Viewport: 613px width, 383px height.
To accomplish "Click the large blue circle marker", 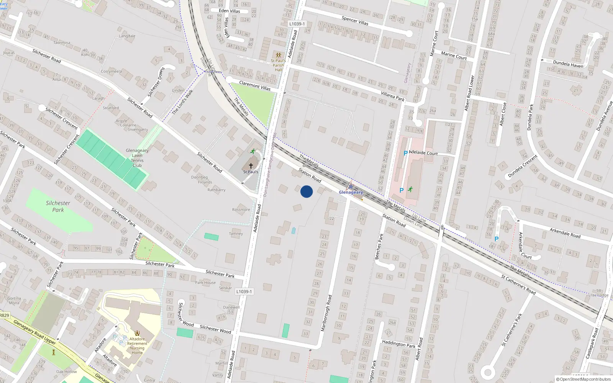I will (x=306, y=191).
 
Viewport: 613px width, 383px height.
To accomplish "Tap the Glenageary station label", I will (x=351, y=192).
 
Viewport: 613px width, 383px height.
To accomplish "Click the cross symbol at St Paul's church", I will (x=251, y=166).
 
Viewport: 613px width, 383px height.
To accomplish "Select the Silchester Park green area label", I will (x=58, y=206).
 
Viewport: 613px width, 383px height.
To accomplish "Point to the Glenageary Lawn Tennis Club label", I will (x=137, y=158).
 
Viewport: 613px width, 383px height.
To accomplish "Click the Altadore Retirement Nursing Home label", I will (x=137, y=345).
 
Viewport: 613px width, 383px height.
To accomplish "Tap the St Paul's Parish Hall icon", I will (x=279, y=55).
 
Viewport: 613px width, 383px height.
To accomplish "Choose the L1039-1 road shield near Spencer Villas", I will (x=297, y=24).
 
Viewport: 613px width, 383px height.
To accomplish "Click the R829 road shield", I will (x=4, y=316).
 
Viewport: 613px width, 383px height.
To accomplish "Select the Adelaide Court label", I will (x=423, y=153).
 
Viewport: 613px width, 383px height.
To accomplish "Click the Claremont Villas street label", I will (x=255, y=85).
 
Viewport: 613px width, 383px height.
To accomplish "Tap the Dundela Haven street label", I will (x=568, y=64).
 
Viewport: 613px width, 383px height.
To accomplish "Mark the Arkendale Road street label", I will (x=565, y=232).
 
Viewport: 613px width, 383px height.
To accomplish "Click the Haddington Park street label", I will (x=398, y=344).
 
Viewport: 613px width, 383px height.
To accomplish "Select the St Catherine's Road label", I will (x=518, y=285).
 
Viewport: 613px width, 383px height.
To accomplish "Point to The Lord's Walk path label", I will (x=182, y=102).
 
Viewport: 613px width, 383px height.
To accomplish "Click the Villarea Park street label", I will (x=393, y=96).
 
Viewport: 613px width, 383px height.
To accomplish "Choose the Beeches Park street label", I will (x=379, y=247).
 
